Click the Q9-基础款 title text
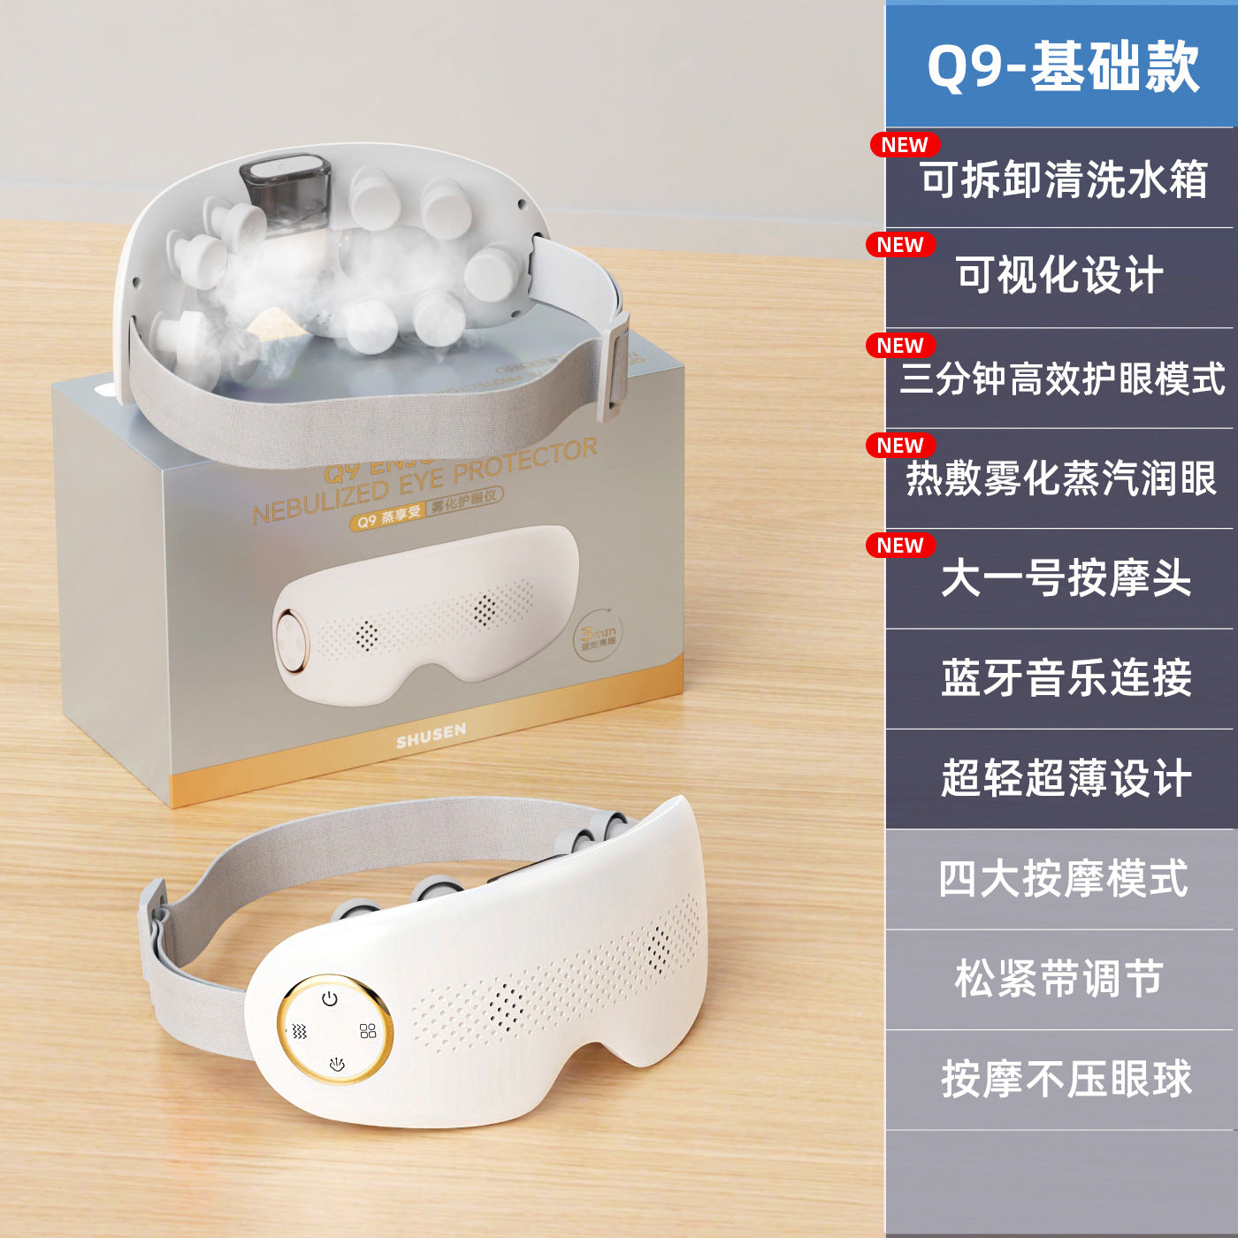1062,67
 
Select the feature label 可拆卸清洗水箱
1063,180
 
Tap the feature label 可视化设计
1059,275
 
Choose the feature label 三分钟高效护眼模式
1062,378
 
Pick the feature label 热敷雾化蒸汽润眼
1061,478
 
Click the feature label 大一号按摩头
1066,579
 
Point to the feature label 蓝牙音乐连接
1066,679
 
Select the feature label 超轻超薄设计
1066,779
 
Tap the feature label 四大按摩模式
1063,879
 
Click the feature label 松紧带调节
1058,979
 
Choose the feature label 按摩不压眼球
1066,1079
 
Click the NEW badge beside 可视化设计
900,245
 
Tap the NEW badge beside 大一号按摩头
900,546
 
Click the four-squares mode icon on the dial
368,1031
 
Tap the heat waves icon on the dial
300,1031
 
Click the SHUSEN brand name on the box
431,735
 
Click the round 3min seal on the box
599,635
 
